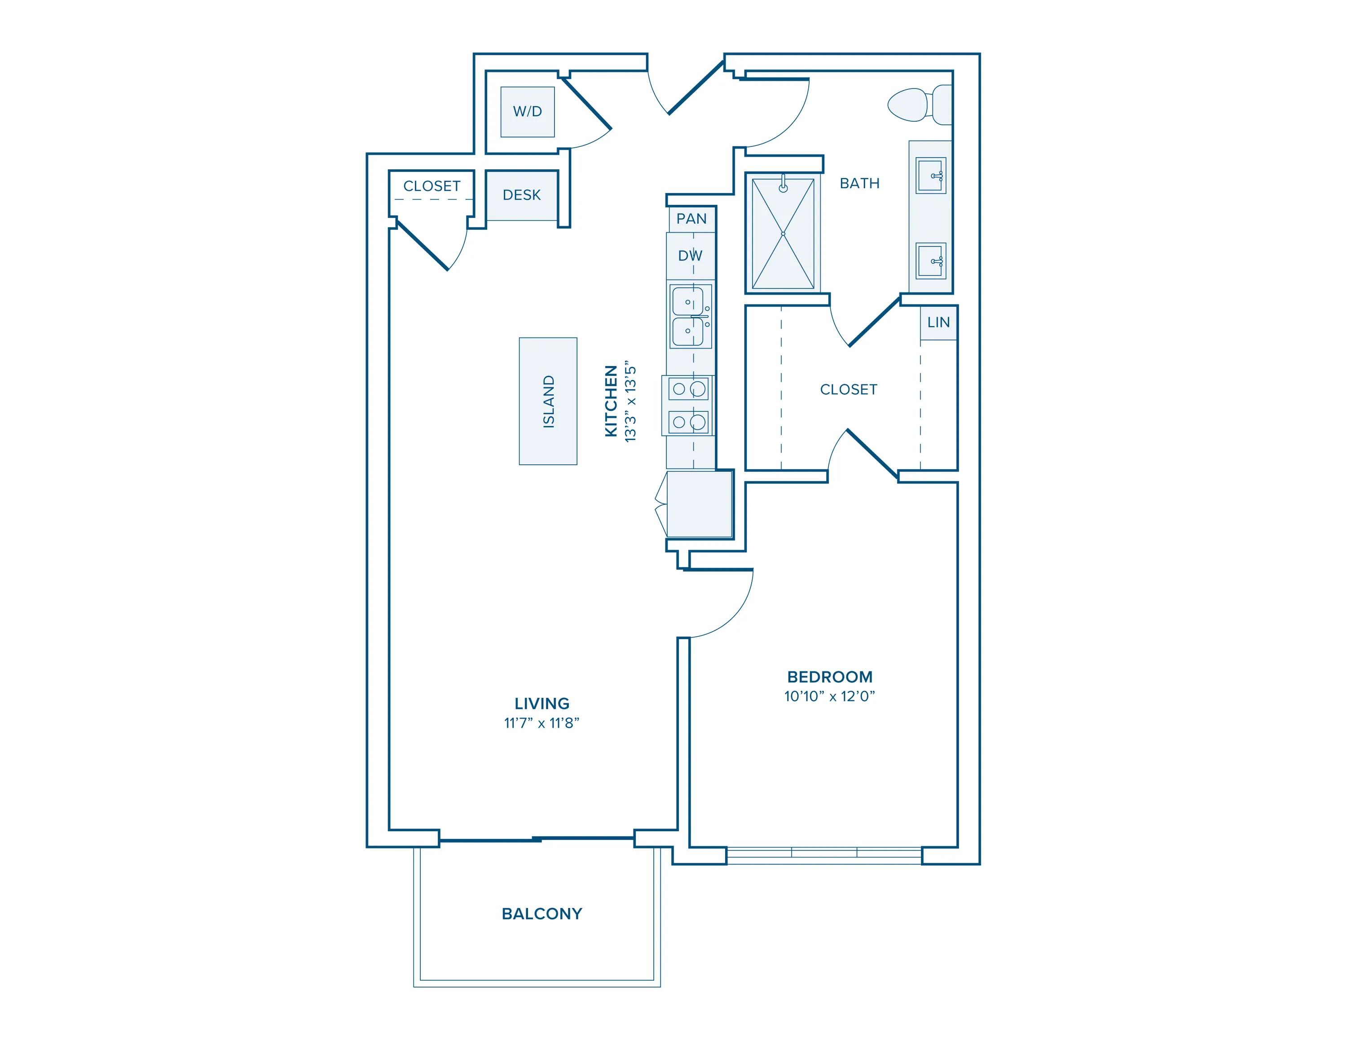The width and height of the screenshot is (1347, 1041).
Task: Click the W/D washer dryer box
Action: [527, 112]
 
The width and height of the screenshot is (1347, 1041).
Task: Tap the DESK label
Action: [521, 195]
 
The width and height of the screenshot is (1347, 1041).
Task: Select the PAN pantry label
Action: [691, 219]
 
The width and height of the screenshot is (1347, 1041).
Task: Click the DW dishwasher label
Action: [690, 256]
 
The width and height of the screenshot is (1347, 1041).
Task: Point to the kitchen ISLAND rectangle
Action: [548, 401]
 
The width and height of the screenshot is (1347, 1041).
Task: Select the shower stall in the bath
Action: [783, 233]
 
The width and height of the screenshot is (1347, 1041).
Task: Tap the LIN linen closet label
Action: [938, 322]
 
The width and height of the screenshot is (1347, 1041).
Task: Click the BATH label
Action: [859, 183]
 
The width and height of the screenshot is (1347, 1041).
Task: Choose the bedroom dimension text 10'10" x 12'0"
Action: [830, 696]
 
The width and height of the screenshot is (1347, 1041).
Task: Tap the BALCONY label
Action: [541, 913]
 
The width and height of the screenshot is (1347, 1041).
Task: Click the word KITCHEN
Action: [611, 401]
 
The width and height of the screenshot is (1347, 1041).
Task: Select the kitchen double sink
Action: [690, 316]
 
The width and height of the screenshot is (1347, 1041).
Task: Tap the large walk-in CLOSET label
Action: [848, 389]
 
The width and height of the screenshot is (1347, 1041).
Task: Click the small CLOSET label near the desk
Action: [432, 185]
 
